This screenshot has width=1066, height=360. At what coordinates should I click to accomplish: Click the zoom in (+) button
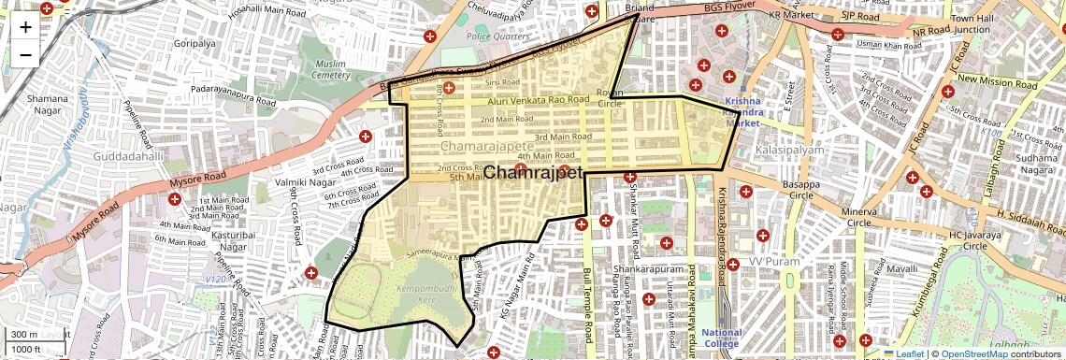(x=25, y=27)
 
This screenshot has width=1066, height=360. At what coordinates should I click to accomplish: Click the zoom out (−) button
(x=25, y=54)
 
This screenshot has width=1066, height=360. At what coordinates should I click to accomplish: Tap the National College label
(x=721, y=338)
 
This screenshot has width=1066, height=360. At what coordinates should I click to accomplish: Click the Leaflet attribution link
(x=903, y=353)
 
